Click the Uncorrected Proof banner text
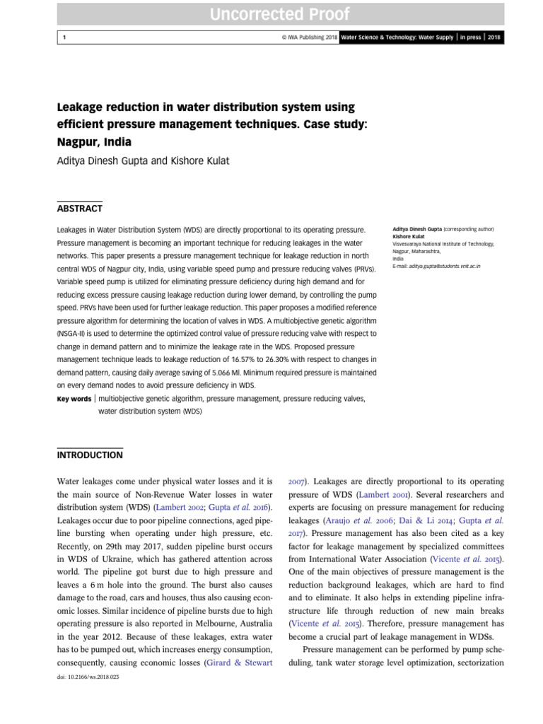271,13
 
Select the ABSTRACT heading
79,209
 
